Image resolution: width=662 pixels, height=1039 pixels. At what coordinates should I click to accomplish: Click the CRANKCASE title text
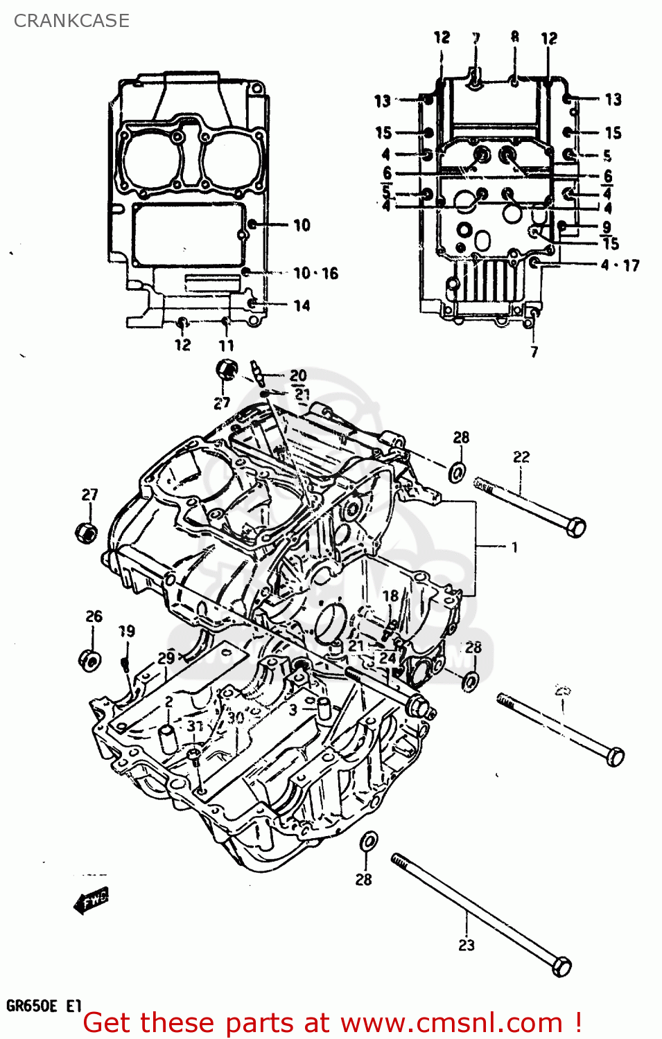tap(71, 21)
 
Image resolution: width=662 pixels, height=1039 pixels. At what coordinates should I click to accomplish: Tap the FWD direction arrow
tap(91, 900)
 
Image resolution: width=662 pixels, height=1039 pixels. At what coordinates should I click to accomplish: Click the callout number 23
tap(467, 945)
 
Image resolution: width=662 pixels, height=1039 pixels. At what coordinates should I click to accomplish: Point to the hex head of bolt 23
tap(561, 966)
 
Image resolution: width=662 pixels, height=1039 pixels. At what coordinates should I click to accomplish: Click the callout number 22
tap(521, 457)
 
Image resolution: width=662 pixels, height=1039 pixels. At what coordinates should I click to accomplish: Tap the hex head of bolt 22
tap(575, 527)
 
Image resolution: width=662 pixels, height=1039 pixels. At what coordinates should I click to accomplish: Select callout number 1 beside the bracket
tap(514, 547)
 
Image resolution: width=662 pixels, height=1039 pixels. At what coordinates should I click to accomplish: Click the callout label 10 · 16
tap(315, 274)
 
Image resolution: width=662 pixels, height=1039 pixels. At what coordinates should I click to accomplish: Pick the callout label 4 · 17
tap(620, 265)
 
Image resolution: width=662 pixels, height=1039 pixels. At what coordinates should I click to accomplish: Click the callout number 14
tap(302, 305)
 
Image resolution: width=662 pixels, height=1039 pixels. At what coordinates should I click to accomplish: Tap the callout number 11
tap(227, 346)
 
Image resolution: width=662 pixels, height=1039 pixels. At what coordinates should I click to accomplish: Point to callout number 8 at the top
tap(515, 37)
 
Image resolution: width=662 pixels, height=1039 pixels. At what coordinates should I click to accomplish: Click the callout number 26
tap(94, 616)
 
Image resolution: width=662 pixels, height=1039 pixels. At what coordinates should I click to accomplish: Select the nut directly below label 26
tap(90, 660)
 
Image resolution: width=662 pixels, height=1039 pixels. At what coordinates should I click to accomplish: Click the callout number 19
tap(127, 631)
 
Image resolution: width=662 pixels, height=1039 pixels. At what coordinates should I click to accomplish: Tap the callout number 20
tap(298, 375)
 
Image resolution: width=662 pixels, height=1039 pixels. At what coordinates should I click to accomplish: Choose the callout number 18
tap(391, 596)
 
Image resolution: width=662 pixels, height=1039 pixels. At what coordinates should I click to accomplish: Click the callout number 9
tap(607, 227)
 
